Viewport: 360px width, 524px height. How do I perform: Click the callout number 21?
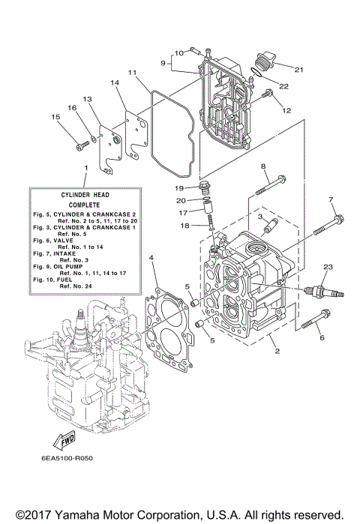tap(299, 70)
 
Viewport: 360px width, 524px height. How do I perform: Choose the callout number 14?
tap(115, 82)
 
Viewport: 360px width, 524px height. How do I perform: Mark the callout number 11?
tap(131, 73)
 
